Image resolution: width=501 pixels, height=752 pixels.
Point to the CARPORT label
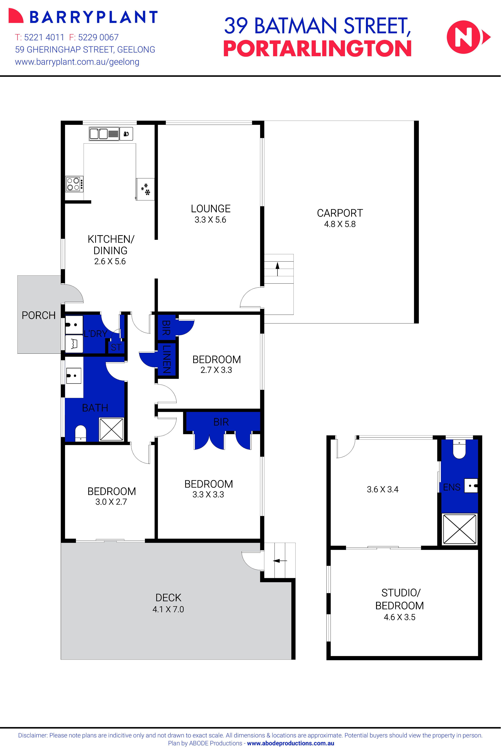(340, 213)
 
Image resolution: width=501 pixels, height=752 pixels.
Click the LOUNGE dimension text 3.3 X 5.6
(210, 220)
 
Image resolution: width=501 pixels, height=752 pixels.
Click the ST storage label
(116, 347)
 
